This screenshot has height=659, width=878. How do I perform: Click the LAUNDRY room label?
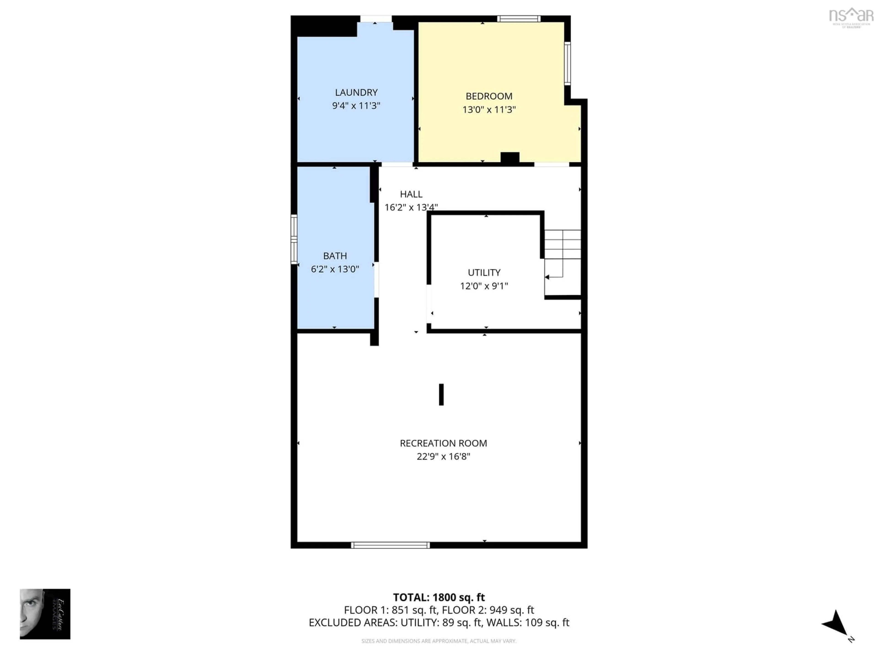[356, 92]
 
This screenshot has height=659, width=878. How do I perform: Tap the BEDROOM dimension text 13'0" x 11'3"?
[489, 110]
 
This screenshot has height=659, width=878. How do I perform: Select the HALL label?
[411, 194]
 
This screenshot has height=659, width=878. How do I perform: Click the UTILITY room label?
[484, 273]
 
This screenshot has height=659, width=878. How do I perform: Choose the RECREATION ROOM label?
[443, 443]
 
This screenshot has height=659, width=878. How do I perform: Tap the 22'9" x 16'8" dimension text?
[443, 457]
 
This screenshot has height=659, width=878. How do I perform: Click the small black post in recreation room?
[441, 394]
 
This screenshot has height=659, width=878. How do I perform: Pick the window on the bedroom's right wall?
[567, 64]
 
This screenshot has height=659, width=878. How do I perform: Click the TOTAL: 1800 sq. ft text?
[439, 597]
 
